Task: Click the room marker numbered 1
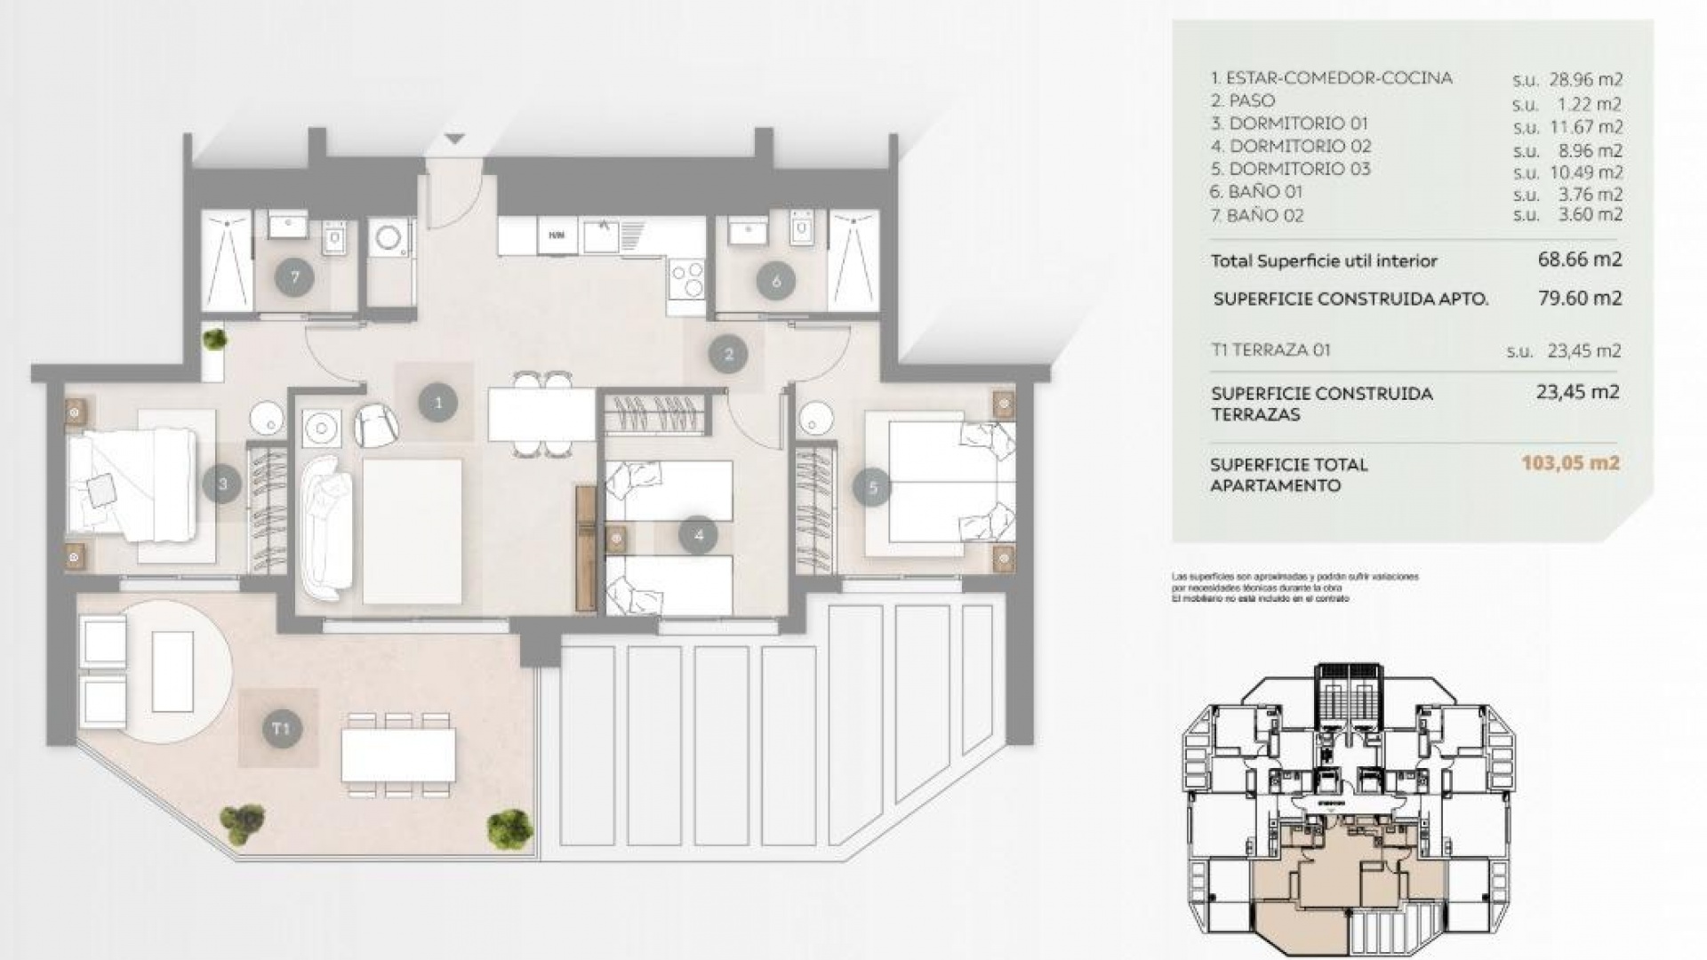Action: pyautogui.click(x=437, y=403)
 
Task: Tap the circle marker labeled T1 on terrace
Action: pyautogui.click(x=280, y=729)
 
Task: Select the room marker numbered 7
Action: pyautogui.click(x=294, y=277)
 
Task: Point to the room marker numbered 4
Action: pyautogui.click(x=698, y=535)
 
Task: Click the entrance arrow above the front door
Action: pyautogui.click(x=454, y=139)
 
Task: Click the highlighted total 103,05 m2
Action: pyautogui.click(x=1570, y=462)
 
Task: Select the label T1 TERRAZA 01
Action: pyautogui.click(x=1270, y=349)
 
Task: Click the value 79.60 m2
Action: pyautogui.click(x=1580, y=298)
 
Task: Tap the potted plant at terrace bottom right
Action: pyautogui.click(x=510, y=827)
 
